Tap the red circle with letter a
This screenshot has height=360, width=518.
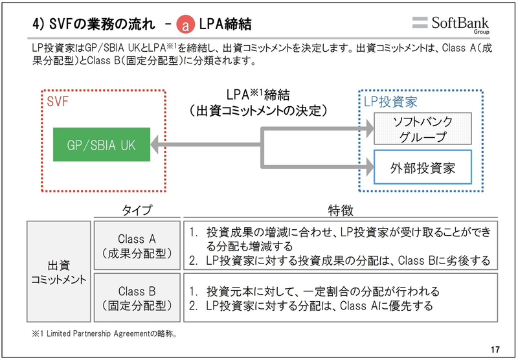pyautogui.click(x=187, y=25)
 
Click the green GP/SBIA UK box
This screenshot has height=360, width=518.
pyautogui.click(x=102, y=144)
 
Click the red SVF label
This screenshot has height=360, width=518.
pyautogui.click(x=57, y=101)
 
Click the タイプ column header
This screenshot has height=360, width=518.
pyautogui.click(x=137, y=210)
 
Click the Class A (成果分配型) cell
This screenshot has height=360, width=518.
pyautogui.click(x=137, y=246)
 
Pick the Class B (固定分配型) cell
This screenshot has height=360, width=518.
pyautogui.click(x=137, y=298)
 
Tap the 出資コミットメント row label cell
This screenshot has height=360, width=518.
pyautogui.click(x=59, y=272)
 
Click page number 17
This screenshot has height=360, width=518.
pyautogui.click(x=495, y=350)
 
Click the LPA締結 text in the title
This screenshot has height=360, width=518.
pyautogui.click(x=224, y=25)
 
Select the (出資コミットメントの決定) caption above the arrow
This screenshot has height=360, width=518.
pyautogui.click(x=259, y=110)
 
